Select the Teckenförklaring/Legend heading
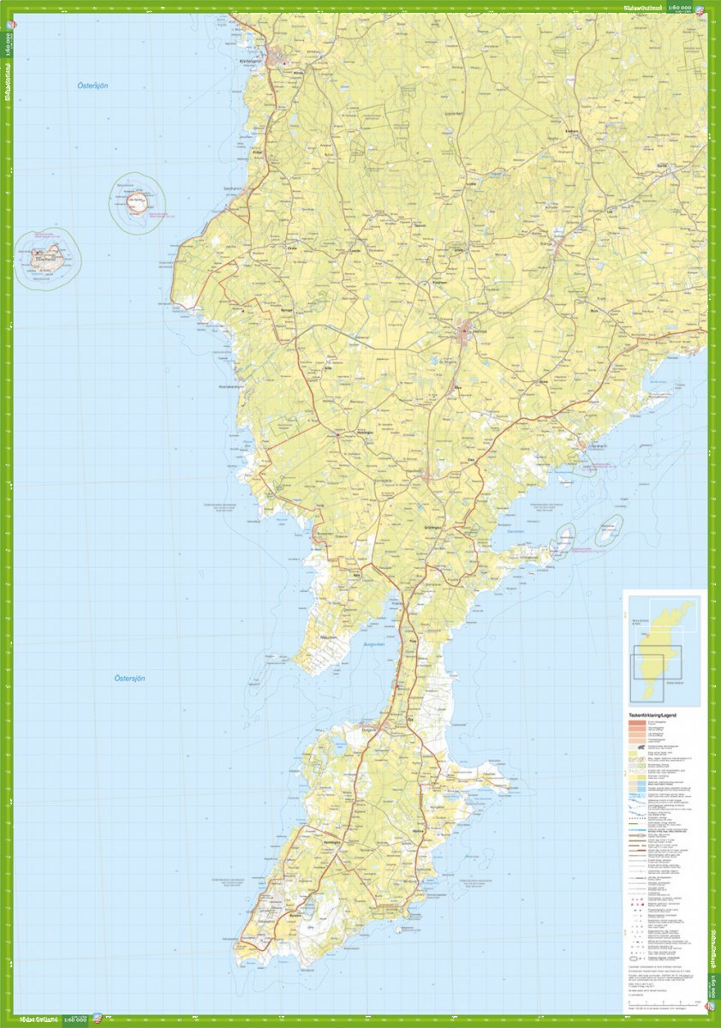(x=653, y=715)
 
